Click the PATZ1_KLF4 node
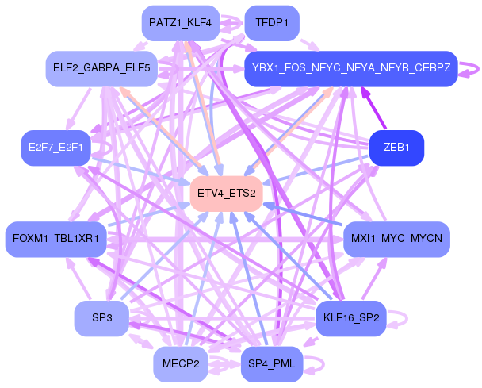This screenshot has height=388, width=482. pos(180,23)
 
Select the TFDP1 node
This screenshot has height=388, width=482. pos(272,23)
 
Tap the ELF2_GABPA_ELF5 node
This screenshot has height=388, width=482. pos(98,68)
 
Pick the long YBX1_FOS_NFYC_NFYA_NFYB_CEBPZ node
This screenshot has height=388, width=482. pos(350,68)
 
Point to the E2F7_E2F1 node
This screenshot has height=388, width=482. pos(55,148)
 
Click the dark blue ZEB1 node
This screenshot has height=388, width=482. pos(396,148)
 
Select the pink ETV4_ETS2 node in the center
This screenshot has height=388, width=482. pos(227,193)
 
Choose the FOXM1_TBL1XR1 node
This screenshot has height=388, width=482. pos(55,238)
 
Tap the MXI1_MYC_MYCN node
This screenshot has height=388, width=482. pos(396,238)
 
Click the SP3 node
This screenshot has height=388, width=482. pos(101,318)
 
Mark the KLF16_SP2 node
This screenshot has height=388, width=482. pos(350,318)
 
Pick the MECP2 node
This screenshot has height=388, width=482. pos(180,363)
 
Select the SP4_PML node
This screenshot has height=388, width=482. pos(272,363)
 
